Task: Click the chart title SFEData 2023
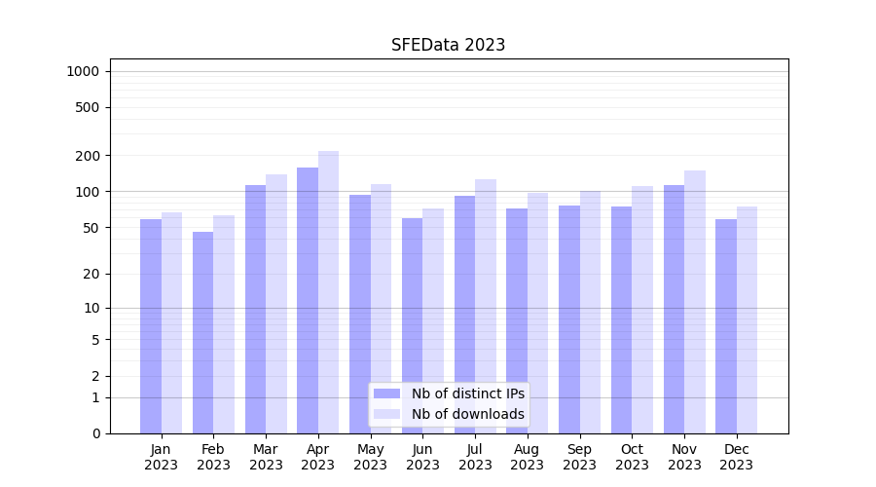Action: click(448, 45)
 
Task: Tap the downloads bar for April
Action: click(328, 292)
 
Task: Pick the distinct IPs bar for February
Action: click(202, 332)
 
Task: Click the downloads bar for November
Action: click(695, 302)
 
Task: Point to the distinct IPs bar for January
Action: click(151, 326)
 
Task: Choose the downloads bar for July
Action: click(486, 306)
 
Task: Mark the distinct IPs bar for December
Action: click(726, 326)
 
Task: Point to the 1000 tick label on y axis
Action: click(83, 71)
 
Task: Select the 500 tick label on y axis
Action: click(89, 107)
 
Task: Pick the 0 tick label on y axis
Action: click(95, 433)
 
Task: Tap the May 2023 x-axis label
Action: click(371, 457)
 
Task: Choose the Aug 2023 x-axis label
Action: click(528, 457)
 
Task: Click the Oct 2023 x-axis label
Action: click(632, 457)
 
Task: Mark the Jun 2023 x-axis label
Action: click(422, 457)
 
